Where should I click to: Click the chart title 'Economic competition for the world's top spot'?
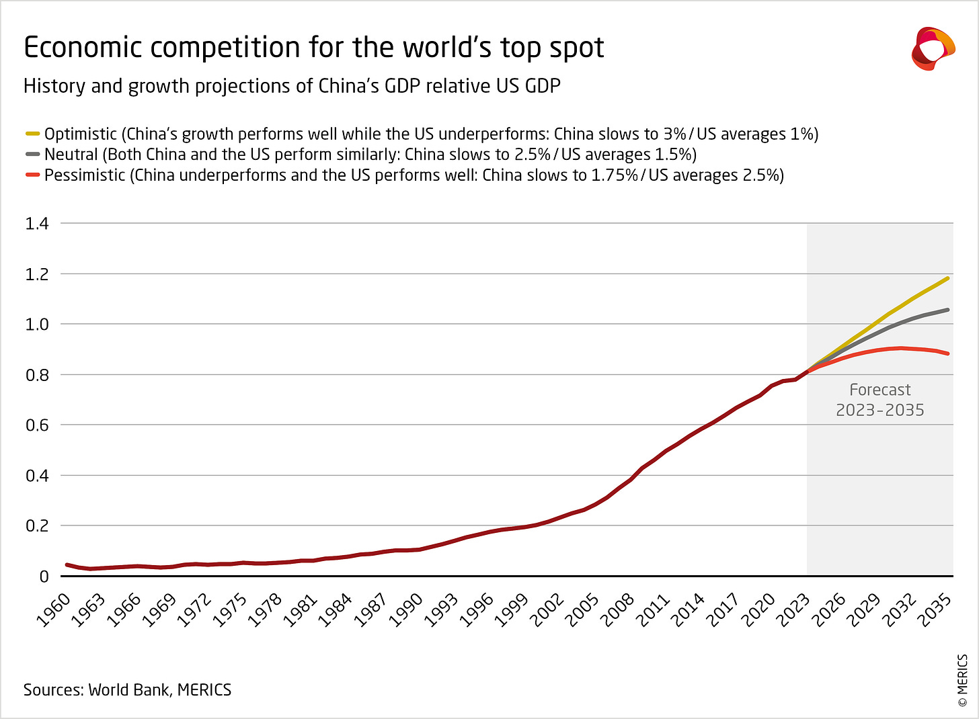click(313, 48)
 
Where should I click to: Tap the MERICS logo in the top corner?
click(933, 48)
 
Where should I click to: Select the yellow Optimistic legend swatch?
click(33, 134)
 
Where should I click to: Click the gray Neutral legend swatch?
click(33, 155)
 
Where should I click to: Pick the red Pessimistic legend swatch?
click(33, 175)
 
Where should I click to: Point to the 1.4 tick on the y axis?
click(37, 224)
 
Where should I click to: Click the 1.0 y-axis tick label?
click(37, 325)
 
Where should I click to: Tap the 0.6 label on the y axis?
click(37, 425)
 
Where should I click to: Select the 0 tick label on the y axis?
click(44, 577)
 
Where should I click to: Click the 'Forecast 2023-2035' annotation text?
click(879, 400)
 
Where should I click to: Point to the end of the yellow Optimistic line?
click(947, 278)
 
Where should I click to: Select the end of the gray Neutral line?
click(947, 310)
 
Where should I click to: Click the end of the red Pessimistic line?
click(947, 353)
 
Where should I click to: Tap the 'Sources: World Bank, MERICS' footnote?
click(127, 690)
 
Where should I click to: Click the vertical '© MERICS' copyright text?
click(962, 680)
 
